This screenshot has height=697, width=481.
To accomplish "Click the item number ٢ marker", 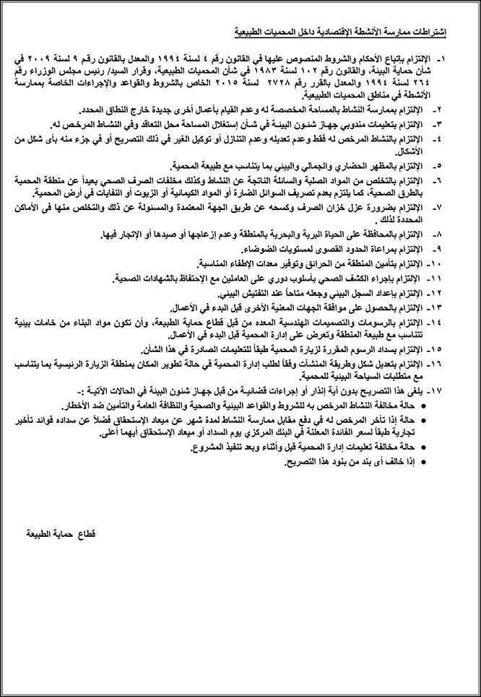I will coord(442,110).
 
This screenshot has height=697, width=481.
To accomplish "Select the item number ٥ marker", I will coord(442,165).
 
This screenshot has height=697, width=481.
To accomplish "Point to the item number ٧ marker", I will coord(442,208).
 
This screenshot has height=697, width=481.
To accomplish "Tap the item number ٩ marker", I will coord(442,249).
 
